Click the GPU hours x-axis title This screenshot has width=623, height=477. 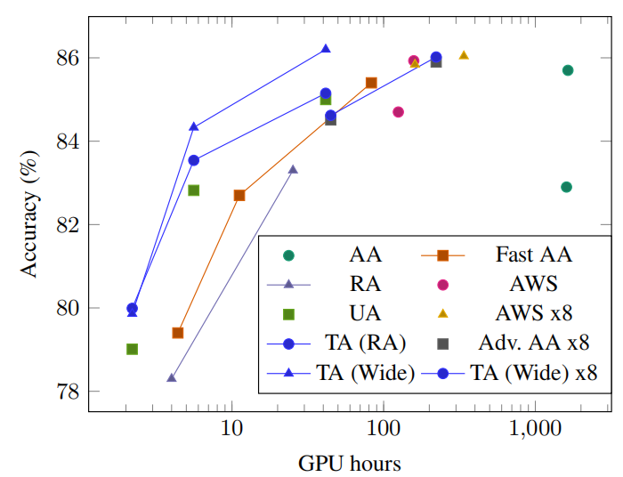(x=350, y=463)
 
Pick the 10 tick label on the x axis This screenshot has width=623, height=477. (x=232, y=429)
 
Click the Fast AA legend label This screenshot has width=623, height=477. (x=533, y=255)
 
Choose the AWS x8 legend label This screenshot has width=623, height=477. (x=533, y=314)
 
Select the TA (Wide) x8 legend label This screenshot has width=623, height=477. (x=533, y=373)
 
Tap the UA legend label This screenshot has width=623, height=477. (x=365, y=314)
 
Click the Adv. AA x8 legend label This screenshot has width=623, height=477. (x=533, y=344)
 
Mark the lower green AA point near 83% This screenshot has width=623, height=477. (x=567, y=187)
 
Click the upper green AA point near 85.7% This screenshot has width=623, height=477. (x=568, y=70)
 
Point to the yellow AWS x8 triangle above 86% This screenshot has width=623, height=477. (x=464, y=55)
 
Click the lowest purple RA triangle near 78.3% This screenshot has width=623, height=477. (x=171, y=378)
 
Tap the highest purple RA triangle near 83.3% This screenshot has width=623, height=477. (x=293, y=169)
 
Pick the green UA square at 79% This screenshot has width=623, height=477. (x=132, y=349)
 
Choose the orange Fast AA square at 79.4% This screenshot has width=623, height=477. (x=178, y=333)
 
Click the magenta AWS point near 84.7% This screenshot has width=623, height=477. (x=398, y=112)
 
